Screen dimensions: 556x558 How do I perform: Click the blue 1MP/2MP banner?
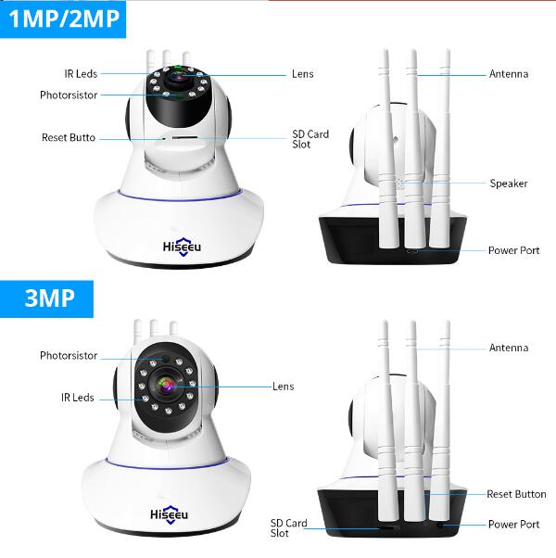tap(63, 19)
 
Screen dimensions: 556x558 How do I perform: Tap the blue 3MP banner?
tap(46, 298)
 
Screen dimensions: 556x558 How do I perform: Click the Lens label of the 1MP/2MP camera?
tap(303, 74)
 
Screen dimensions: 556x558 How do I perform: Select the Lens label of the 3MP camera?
tap(284, 387)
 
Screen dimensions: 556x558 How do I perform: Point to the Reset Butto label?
tap(69, 138)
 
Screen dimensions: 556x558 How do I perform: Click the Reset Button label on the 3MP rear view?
tap(516, 494)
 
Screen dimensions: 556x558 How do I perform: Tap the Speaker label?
tap(509, 184)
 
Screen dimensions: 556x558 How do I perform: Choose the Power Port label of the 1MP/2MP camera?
tap(514, 250)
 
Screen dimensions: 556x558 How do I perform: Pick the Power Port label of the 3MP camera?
tap(514, 525)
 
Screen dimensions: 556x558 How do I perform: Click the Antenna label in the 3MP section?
tap(509, 348)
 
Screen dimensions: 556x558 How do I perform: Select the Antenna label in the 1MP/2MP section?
tap(509, 74)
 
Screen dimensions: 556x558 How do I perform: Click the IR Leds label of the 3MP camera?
tap(78, 398)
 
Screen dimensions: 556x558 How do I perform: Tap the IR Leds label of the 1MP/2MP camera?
tap(81, 74)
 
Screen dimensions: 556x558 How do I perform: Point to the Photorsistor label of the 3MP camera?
tap(69, 356)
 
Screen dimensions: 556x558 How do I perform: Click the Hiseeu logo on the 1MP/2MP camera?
tap(182, 247)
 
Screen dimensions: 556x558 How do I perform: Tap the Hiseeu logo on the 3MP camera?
tap(169, 514)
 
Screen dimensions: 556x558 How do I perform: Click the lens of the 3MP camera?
tap(167, 385)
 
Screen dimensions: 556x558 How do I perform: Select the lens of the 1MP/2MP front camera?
tap(179, 75)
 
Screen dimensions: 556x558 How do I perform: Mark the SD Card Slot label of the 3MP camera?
tap(288, 528)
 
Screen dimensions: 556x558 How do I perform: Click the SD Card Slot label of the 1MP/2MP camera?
tap(310, 139)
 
